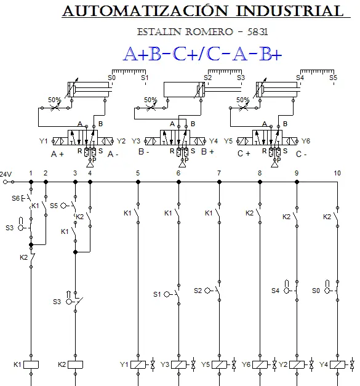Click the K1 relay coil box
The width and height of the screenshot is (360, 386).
[x=31, y=364]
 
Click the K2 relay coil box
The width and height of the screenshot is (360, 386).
[x=75, y=364]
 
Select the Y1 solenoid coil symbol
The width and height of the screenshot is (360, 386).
[x=138, y=364]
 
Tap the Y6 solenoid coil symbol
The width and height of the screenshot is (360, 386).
[x=260, y=364]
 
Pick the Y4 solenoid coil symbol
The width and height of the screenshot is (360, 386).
[x=337, y=364]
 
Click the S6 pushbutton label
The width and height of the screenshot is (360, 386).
[x=15, y=198]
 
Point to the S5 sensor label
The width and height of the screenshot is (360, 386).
[x=54, y=206]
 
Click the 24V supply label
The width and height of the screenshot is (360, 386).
[x=6, y=175]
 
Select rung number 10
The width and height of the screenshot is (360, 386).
[x=337, y=174]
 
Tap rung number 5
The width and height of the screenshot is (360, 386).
[x=138, y=174]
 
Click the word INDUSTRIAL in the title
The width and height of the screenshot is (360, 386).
[x=290, y=11]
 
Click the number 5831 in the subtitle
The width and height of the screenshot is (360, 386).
[x=258, y=32]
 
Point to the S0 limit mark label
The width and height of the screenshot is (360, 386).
[x=111, y=78]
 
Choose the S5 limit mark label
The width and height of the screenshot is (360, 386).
[x=333, y=78]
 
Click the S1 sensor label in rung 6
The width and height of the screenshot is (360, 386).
[x=157, y=294]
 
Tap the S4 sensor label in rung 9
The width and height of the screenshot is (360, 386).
[x=275, y=291]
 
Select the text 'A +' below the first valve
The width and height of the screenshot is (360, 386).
[x=57, y=155]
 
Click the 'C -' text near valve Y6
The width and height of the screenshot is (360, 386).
[x=301, y=155]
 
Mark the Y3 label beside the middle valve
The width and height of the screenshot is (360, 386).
[x=136, y=141]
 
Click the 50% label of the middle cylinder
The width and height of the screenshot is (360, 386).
[x=150, y=100]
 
